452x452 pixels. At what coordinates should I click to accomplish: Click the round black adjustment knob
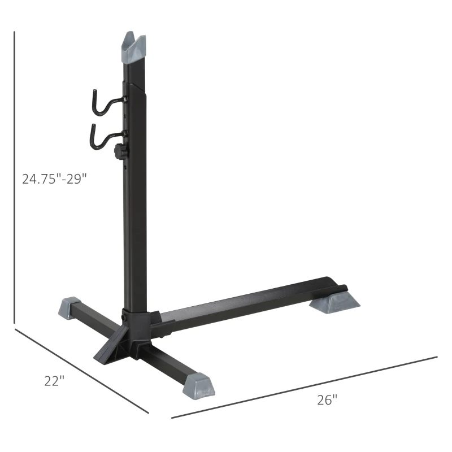pos(119,151)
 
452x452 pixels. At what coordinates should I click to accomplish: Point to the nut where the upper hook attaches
pos(125,99)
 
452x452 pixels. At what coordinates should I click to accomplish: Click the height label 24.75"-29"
pos(54,179)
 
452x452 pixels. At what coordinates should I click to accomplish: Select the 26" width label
pos(327,400)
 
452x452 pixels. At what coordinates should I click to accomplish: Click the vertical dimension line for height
pos(15,175)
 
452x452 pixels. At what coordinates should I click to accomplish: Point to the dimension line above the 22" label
pos(79,370)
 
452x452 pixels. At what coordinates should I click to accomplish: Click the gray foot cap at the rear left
pos(69,308)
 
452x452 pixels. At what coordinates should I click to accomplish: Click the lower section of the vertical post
pos(136,243)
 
